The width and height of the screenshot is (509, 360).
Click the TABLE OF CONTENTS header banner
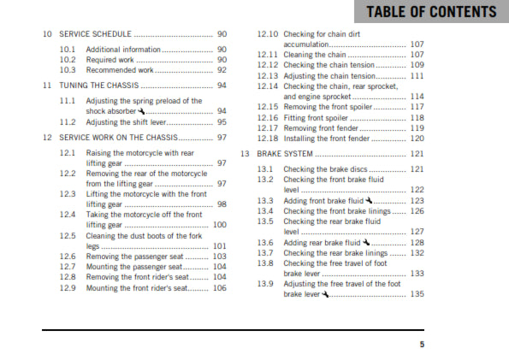click(430, 12)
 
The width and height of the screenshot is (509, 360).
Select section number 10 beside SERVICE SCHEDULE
click(47, 34)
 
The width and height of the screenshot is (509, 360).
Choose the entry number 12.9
click(68, 288)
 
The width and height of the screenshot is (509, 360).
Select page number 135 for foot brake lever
click(417, 294)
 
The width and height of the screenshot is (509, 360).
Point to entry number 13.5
click(265, 221)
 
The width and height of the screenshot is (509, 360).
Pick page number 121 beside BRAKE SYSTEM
click(417, 154)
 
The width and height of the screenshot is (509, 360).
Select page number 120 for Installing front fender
click(417, 138)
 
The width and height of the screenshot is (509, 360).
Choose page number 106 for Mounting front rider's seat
click(220, 288)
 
